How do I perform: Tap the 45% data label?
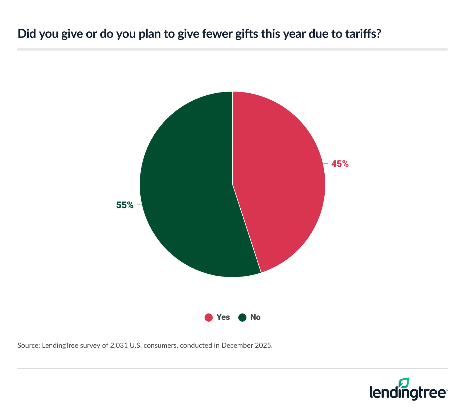(x=340, y=164)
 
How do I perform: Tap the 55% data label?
(x=125, y=205)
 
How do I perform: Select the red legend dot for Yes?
(x=209, y=318)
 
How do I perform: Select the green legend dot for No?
(x=242, y=318)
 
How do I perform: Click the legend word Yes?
(x=223, y=317)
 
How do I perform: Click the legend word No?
(x=255, y=317)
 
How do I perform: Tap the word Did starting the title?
(x=26, y=34)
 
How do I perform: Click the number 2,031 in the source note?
(x=119, y=345)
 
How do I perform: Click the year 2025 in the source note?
(x=263, y=345)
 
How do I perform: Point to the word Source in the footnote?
(x=28, y=345)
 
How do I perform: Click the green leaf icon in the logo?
(x=404, y=383)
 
